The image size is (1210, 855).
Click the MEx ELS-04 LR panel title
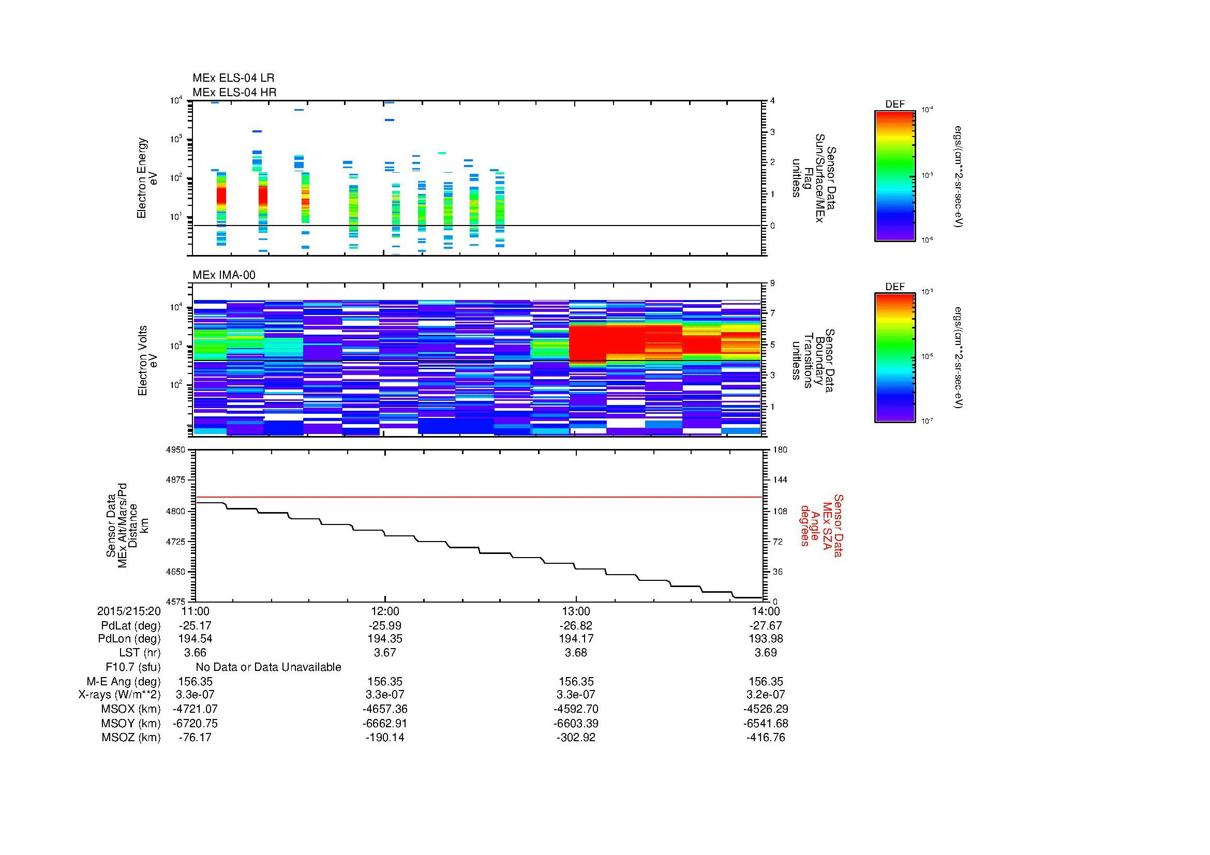click(x=233, y=79)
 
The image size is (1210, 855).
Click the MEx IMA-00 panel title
click(x=223, y=275)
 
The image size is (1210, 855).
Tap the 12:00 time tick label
click(x=385, y=611)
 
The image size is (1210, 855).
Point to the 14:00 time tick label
click(x=766, y=611)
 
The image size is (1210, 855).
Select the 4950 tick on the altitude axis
click(x=176, y=450)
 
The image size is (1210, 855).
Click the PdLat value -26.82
click(x=575, y=626)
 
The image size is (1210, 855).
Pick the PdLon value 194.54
click(x=195, y=639)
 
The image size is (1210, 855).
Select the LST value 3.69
click(x=766, y=653)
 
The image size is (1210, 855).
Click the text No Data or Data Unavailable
click(x=268, y=667)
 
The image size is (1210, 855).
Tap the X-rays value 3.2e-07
click(x=766, y=695)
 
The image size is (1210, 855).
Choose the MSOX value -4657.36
click(x=385, y=709)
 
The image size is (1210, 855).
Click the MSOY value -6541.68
click(x=766, y=723)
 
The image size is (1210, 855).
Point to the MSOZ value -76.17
click(x=195, y=738)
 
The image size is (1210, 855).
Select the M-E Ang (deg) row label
click(x=124, y=682)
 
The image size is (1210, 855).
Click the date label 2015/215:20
click(x=129, y=611)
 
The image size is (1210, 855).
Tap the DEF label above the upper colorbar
click(x=895, y=104)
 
